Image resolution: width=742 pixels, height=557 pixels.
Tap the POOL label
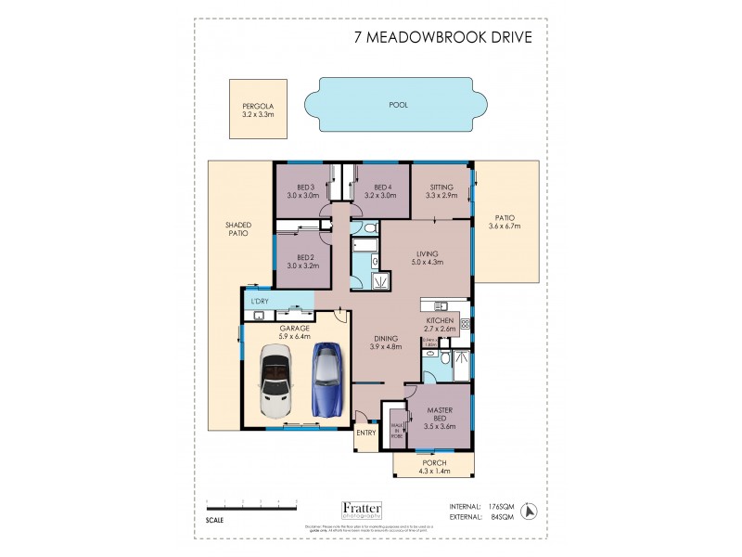tap(399, 105)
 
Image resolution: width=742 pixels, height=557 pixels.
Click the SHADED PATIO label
tap(238, 228)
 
